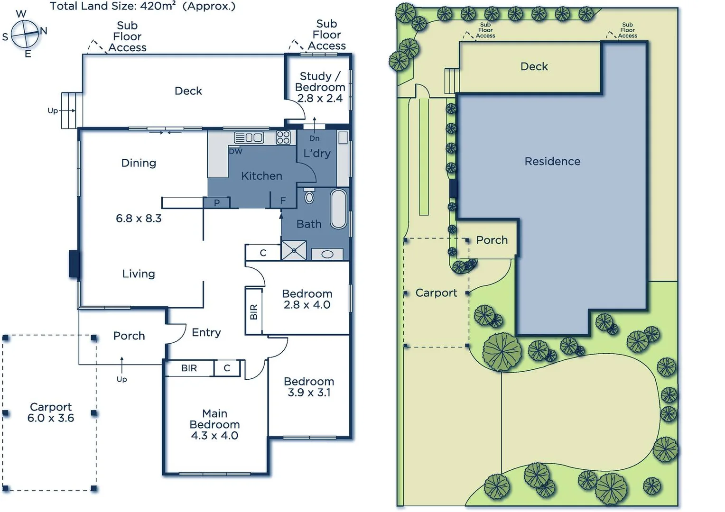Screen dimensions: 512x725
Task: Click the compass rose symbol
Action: click(25, 34)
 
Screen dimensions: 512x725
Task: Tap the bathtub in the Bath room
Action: click(339, 209)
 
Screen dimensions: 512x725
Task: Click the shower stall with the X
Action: click(294, 250)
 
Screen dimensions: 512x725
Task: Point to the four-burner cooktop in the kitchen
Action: click(283, 137)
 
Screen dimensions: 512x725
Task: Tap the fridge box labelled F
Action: click(283, 201)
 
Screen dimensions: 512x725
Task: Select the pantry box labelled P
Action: click(217, 203)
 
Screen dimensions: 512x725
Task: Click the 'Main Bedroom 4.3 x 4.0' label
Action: click(214, 425)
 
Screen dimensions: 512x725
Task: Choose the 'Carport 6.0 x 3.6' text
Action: click(51, 412)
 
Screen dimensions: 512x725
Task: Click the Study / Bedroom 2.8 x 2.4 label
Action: click(320, 87)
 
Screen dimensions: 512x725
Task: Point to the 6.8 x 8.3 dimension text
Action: click(139, 219)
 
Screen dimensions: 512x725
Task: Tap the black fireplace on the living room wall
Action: click(74, 264)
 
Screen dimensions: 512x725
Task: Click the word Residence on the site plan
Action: click(552, 162)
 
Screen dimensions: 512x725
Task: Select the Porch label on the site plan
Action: click(492, 240)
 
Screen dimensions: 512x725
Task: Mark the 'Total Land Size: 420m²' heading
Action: click(142, 6)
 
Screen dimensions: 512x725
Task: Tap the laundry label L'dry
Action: click(317, 153)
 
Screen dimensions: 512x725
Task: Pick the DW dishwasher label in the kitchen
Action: click(235, 152)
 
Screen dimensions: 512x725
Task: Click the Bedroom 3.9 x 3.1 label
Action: click(309, 387)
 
